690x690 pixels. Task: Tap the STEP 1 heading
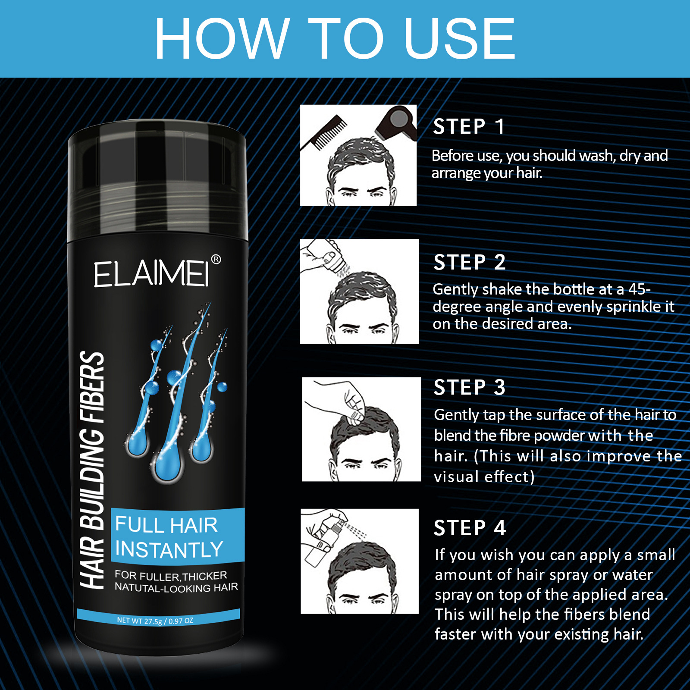(468, 127)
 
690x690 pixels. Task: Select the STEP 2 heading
(469, 262)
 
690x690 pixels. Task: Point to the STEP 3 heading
(469, 387)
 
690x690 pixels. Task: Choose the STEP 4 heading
(469, 528)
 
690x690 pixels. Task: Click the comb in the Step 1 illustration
(326, 132)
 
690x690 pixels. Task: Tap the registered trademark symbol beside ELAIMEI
(216, 259)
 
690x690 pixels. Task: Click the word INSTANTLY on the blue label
(169, 550)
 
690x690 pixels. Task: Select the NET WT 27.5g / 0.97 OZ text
(155, 621)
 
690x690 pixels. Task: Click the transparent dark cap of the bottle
(158, 181)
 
